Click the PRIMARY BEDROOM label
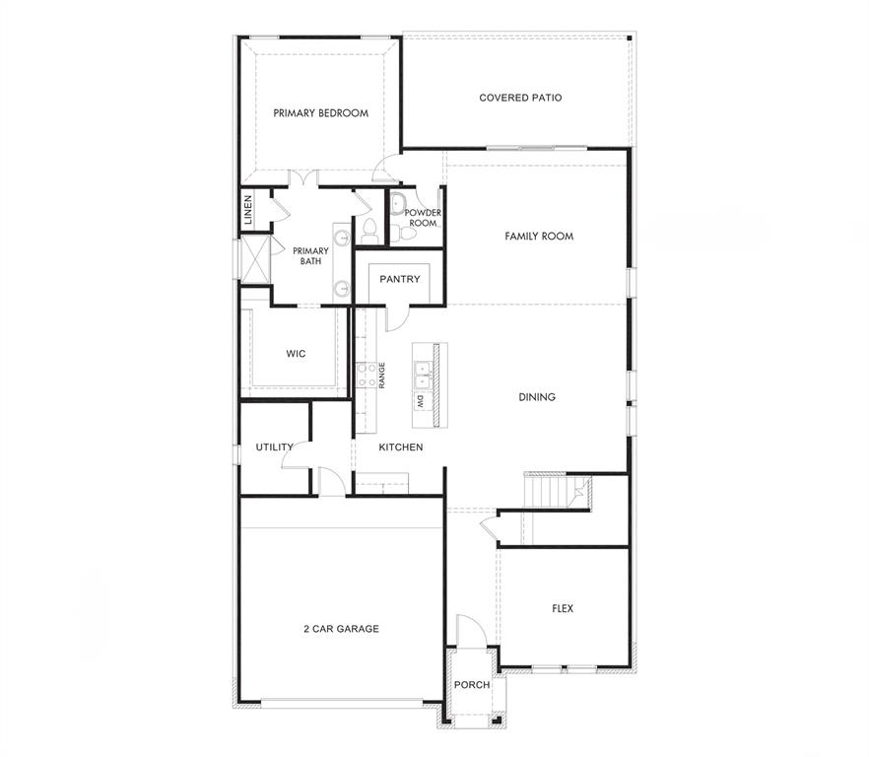pos(321,113)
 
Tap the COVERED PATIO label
pos(520,98)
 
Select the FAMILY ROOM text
pos(539,237)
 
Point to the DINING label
pos(537,397)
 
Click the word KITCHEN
pos(401,447)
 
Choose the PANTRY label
pos(400,279)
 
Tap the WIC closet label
pos(296,354)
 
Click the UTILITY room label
pos(274,447)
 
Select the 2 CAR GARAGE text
pos(341,629)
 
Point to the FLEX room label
pos(563,608)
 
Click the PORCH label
pos(472,685)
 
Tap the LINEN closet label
pos(247,210)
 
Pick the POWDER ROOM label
pos(423,218)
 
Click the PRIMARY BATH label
pos(310,256)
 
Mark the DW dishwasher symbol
pos(421,402)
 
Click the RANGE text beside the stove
pos(382,376)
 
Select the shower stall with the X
pos(255,258)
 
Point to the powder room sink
pos(398,205)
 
